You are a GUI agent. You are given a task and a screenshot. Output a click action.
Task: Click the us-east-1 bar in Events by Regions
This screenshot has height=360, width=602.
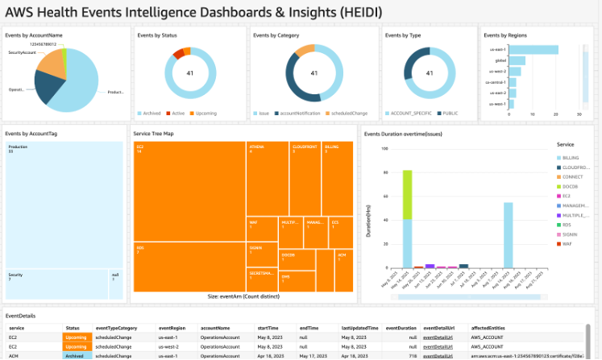[532, 50]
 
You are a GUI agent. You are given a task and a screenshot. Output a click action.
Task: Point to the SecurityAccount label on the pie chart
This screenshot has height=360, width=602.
[23, 52]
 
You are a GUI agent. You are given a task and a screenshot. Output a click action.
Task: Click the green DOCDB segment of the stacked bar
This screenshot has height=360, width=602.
[408, 194]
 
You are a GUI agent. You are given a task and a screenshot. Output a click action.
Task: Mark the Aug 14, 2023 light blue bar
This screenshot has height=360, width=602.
[509, 235]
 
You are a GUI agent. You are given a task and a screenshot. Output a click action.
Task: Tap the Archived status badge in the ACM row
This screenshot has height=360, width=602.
[75, 354]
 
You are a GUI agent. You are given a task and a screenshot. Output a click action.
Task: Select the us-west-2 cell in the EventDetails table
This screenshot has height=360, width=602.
[168, 346]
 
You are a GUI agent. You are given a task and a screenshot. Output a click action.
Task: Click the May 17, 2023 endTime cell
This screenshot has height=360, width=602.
[309, 354]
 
